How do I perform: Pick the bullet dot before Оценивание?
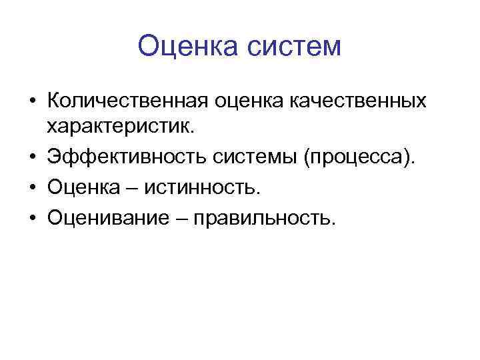coord(32,217)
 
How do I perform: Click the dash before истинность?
coord(134,187)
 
